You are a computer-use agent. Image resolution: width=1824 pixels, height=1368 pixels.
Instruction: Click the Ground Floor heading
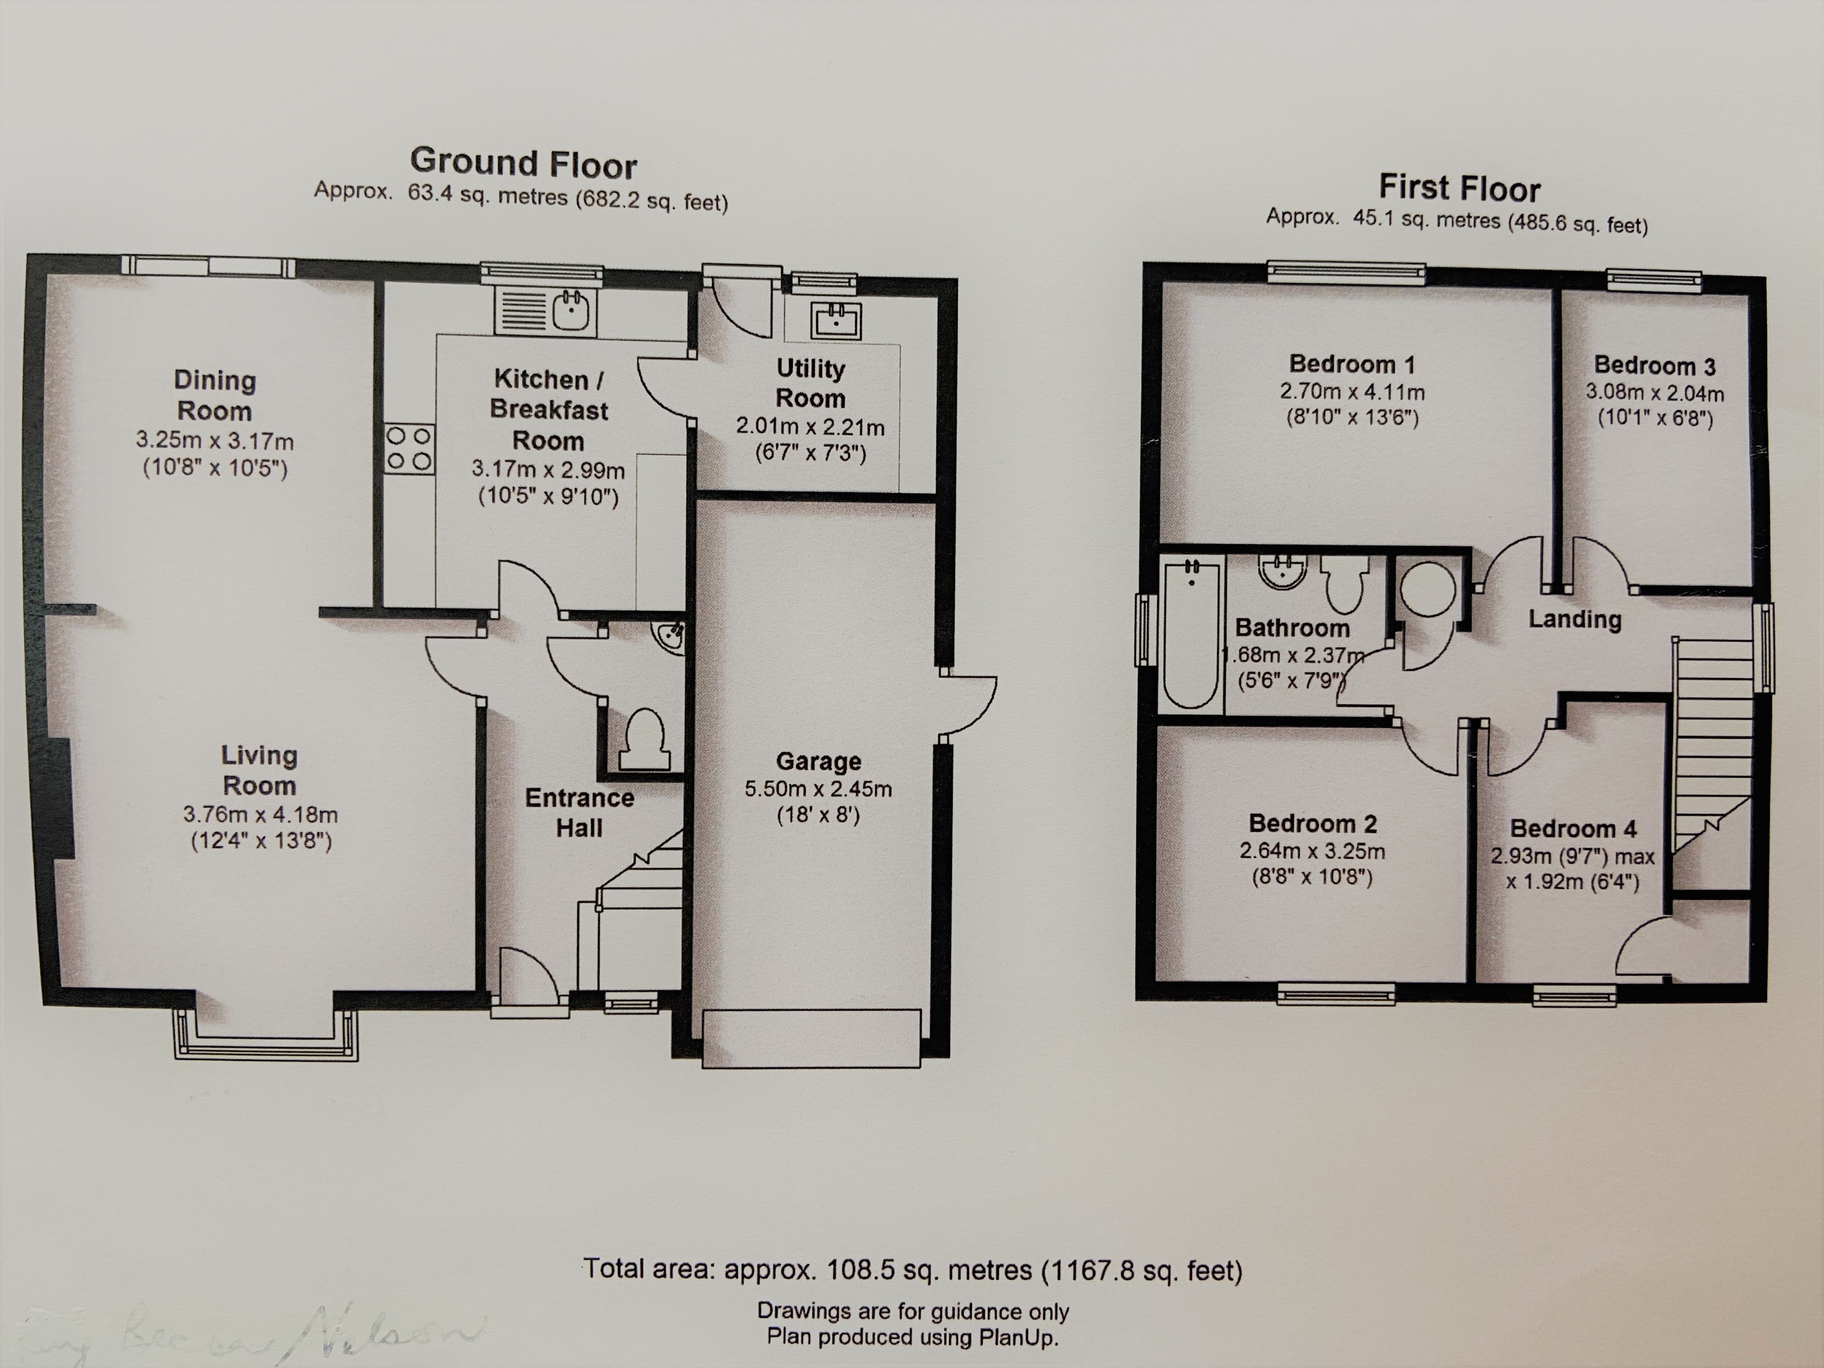click(523, 163)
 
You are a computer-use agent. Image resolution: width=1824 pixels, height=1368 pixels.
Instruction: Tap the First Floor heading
click(1459, 188)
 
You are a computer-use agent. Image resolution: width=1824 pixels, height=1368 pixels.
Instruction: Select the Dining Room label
click(214, 395)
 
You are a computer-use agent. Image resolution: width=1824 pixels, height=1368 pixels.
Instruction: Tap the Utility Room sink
click(836, 321)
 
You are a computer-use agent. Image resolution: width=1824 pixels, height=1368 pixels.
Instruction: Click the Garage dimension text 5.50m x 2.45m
click(818, 789)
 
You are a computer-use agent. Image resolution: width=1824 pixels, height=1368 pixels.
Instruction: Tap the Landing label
click(1574, 619)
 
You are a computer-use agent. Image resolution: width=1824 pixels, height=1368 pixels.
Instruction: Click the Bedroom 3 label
click(1654, 365)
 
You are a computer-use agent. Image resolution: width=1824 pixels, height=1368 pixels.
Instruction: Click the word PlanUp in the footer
click(1016, 1337)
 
